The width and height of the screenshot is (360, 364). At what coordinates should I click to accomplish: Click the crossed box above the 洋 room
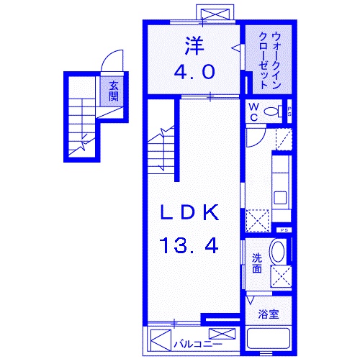[217, 14]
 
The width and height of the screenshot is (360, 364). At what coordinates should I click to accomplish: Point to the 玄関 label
[114, 91]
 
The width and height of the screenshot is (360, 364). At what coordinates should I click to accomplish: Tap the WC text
[254, 112]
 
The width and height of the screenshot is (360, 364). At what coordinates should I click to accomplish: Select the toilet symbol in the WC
[272, 112]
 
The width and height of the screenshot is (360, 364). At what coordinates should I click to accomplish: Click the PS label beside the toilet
[289, 112]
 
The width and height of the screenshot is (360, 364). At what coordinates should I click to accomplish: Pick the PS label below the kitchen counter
[286, 229]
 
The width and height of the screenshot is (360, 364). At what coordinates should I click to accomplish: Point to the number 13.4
[189, 245]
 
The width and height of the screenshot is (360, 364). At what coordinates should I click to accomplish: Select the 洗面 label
[257, 264]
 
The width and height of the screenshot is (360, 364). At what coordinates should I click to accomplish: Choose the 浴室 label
[269, 314]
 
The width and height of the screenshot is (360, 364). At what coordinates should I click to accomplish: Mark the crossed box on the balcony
[222, 334]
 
